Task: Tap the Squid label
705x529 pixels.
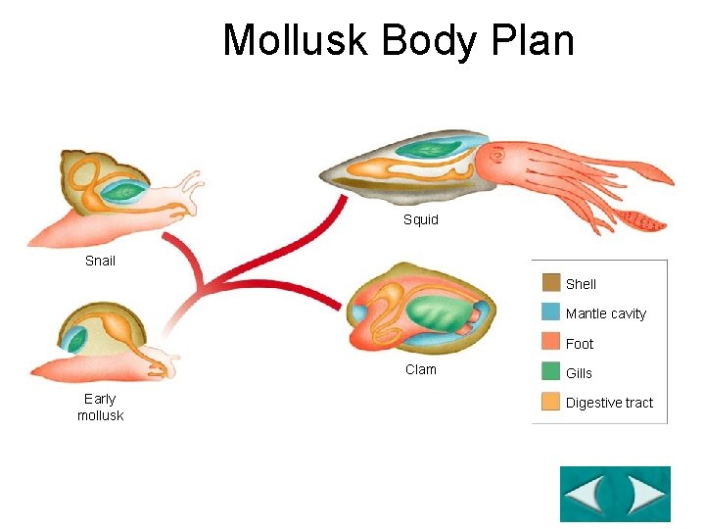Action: [x=421, y=219]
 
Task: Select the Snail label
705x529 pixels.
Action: [x=100, y=261]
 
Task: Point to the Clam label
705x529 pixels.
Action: [x=421, y=369]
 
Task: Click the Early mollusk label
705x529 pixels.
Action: [x=100, y=407]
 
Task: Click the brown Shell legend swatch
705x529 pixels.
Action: [x=550, y=283]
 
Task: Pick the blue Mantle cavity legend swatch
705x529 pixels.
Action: [x=550, y=313]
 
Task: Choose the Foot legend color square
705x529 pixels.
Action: [x=550, y=343]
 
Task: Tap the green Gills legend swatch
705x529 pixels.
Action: [x=550, y=372]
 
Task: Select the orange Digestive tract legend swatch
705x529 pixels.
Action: [x=550, y=402]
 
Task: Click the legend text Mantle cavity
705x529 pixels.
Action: [x=606, y=313]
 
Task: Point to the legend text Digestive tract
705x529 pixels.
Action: [x=609, y=403]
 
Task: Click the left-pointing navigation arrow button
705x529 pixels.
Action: [x=587, y=495]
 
